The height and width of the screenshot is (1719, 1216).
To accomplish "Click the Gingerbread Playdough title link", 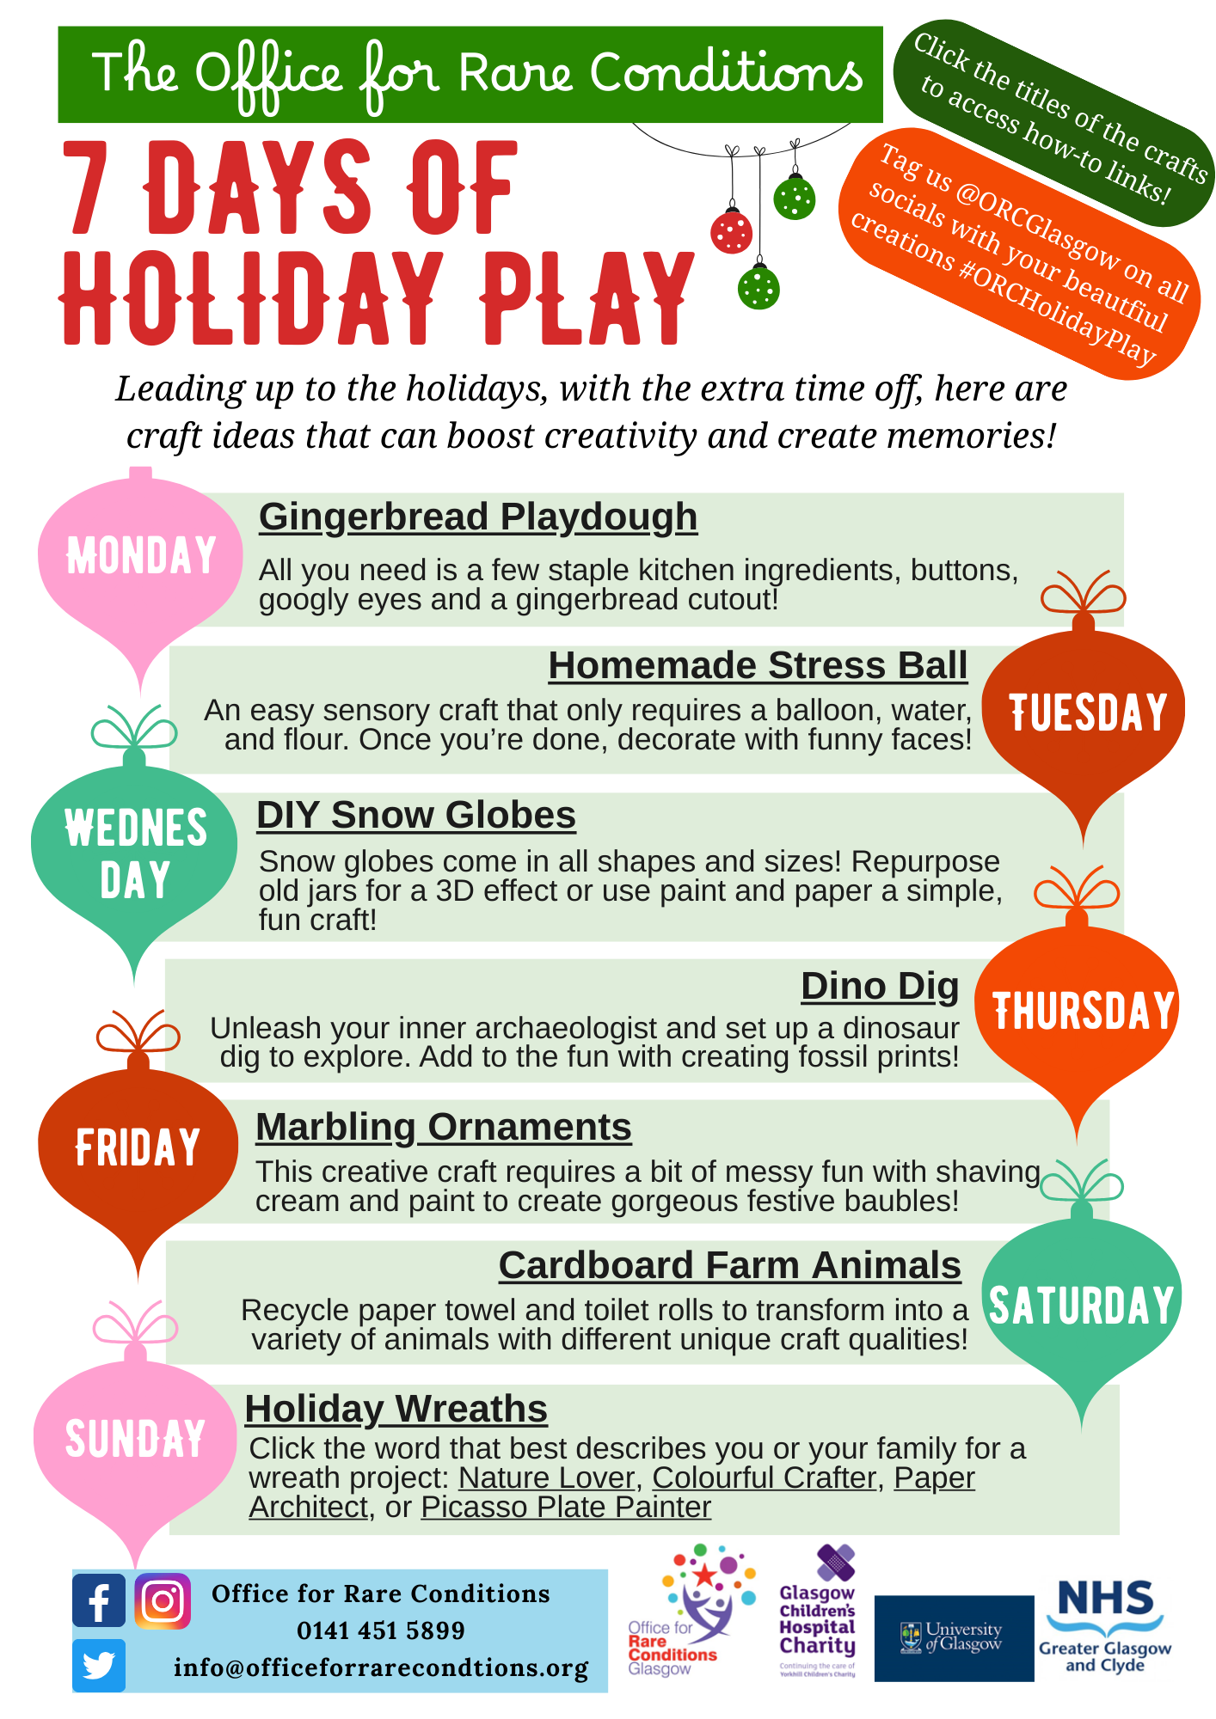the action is coord(478,517).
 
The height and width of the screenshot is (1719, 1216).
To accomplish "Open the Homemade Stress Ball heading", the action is coord(758,666).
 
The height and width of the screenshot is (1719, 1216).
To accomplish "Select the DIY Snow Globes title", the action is coord(416,816).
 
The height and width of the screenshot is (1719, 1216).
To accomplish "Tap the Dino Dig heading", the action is coord(880,987).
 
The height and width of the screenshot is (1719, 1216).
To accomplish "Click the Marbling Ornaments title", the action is coord(444,1128).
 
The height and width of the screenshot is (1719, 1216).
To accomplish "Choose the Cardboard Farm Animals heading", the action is coord(729,1266).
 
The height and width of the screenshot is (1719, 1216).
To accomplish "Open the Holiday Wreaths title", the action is coord(396,1410).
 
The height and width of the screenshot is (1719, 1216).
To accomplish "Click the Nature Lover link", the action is coord(546,1478).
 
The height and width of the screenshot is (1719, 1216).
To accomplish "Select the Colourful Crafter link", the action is coord(764,1478).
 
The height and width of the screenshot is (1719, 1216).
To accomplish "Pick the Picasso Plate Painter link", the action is coord(566,1508).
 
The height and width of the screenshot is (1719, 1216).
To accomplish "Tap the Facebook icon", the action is coord(99,1600).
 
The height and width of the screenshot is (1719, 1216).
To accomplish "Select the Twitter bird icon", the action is coord(99,1665).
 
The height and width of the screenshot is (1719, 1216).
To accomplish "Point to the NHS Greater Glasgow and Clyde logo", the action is coord(1105,1626).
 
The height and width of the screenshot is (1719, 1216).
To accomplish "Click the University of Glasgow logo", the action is coord(954,1638).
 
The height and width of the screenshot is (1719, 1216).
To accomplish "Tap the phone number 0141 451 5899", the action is coord(381,1630).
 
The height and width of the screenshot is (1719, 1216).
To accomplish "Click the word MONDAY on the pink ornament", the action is coord(141,555).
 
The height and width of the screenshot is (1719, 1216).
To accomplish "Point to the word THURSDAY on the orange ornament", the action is coord(1084,1011).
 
